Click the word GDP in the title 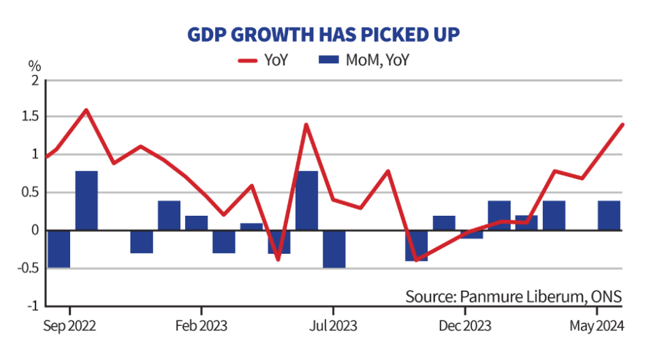(207, 35)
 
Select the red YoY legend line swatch (248, 61)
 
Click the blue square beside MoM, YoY (329, 59)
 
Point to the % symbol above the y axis (35, 66)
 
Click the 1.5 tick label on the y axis (31, 116)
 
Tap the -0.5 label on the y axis (29, 268)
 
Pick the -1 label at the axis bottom (33, 306)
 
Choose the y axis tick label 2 (35, 80)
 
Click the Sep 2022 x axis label (69, 325)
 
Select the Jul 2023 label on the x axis (333, 325)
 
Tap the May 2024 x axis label (596, 326)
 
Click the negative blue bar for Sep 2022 (59, 249)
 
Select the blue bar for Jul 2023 (334, 249)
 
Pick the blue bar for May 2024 (609, 216)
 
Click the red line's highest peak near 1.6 (86, 110)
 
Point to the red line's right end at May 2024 (622, 125)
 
